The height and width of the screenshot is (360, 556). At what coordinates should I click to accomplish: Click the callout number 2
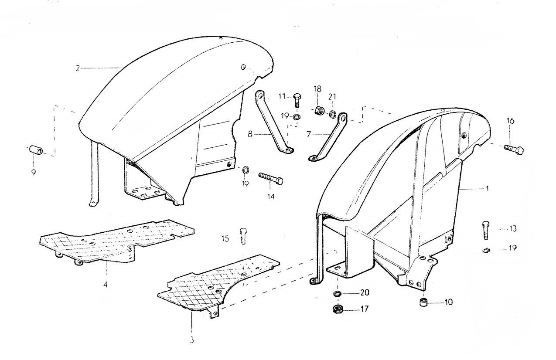(x=78, y=68)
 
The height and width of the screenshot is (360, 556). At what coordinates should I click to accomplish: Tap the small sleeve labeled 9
(x=36, y=150)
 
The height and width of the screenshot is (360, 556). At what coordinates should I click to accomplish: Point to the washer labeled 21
(x=333, y=114)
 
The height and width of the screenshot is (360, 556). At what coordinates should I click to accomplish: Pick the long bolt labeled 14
(x=270, y=178)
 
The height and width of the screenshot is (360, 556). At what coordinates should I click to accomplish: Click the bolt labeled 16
(x=514, y=149)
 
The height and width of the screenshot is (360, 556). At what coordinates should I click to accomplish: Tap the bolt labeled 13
(x=486, y=230)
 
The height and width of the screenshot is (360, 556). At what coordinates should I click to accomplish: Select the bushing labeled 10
(x=423, y=303)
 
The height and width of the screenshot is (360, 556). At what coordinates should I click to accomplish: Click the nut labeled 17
(x=338, y=309)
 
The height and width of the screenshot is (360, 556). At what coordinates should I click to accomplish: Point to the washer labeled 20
(x=338, y=294)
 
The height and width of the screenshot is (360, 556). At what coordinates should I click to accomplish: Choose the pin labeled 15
(x=243, y=236)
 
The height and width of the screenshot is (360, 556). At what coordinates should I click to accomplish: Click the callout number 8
(x=250, y=135)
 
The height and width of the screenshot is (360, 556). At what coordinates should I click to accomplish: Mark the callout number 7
(x=309, y=135)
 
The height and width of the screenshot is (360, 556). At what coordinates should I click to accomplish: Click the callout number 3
(x=191, y=340)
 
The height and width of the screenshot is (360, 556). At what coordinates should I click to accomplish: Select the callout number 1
(x=487, y=189)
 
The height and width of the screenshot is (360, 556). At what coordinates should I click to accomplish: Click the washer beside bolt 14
(x=245, y=170)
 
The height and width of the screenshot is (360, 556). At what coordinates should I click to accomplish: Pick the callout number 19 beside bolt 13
(x=512, y=248)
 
